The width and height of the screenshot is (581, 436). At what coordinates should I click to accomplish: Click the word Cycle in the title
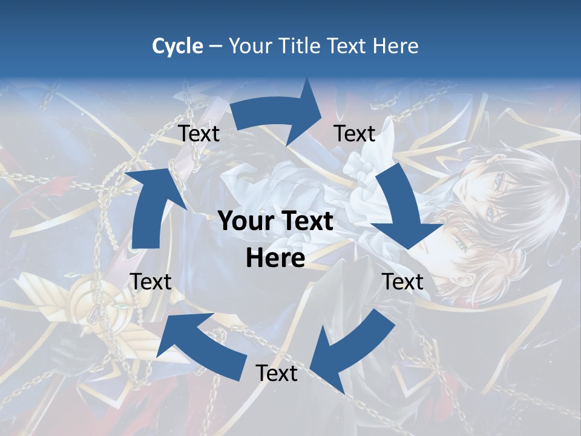pos(177,46)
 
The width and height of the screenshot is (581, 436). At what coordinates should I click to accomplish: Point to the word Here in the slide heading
pos(395,46)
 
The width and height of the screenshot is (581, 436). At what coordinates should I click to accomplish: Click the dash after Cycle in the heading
pos(215,47)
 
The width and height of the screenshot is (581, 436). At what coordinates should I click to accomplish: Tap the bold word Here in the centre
pos(275,259)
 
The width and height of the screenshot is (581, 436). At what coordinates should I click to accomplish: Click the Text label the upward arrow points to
pos(199,134)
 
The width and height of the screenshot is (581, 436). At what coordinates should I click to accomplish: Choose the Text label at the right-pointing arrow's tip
pos(355,134)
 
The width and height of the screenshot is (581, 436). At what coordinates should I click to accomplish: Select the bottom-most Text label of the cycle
pos(277,373)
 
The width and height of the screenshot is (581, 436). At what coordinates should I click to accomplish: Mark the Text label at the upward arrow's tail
pos(151,282)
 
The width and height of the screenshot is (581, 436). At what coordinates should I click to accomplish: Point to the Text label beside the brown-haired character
pos(402,282)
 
